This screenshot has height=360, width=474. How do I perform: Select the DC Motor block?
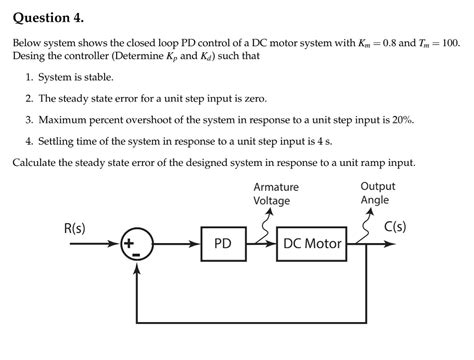(x=313, y=243)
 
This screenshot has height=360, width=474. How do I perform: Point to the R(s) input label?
(x=74, y=227)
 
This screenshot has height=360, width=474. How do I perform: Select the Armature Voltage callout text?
(x=275, y=194)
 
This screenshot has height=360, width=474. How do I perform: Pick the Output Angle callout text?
(x=377, y=193)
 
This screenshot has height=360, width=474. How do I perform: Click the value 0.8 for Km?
(x=379, y=46)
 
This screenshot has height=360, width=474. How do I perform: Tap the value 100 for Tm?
(x=449, y=46)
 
